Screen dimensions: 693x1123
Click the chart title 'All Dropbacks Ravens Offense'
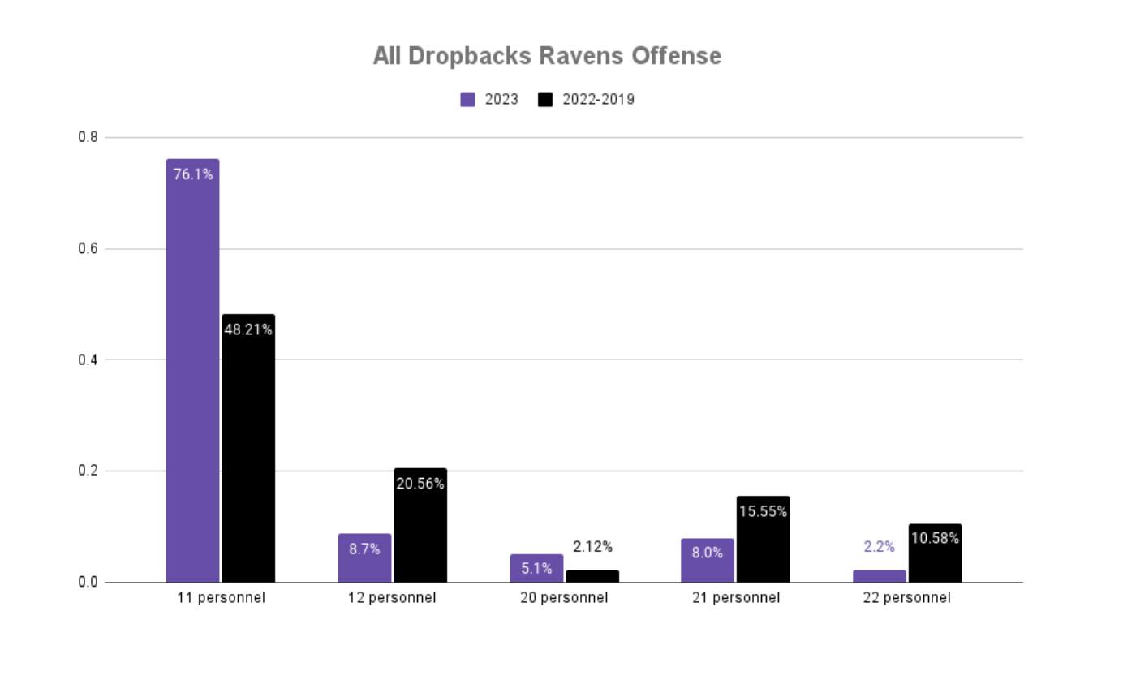547,56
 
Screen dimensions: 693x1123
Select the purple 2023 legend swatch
467,100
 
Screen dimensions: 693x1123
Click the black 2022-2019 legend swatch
545,100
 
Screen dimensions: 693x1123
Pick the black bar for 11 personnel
248,454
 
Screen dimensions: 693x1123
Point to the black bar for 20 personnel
592,576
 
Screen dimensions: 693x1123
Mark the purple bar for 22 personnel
879,576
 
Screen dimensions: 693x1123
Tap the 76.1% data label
193,174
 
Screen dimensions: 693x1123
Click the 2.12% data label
592,547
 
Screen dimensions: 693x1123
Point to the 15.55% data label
763,511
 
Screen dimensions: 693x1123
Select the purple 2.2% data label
879,547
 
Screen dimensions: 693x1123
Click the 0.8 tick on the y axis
88,137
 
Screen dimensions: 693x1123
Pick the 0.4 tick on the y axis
88,359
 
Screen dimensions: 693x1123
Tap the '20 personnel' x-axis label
564,598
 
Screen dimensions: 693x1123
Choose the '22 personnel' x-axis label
906,598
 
